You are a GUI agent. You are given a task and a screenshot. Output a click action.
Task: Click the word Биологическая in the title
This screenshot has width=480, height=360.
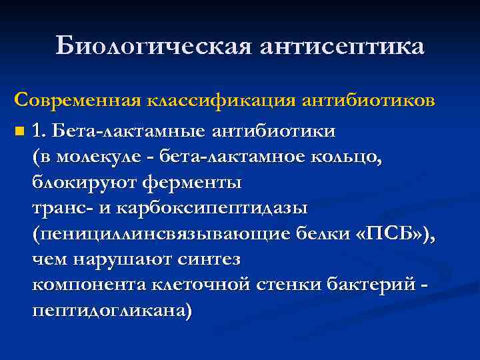[151, 47]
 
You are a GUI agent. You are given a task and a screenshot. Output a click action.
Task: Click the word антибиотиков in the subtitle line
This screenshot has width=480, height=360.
[369, 101]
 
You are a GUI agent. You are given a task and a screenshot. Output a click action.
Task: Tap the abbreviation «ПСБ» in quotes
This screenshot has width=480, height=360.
[389, 235]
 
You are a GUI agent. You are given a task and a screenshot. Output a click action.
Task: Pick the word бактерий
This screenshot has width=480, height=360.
[369, 285]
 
